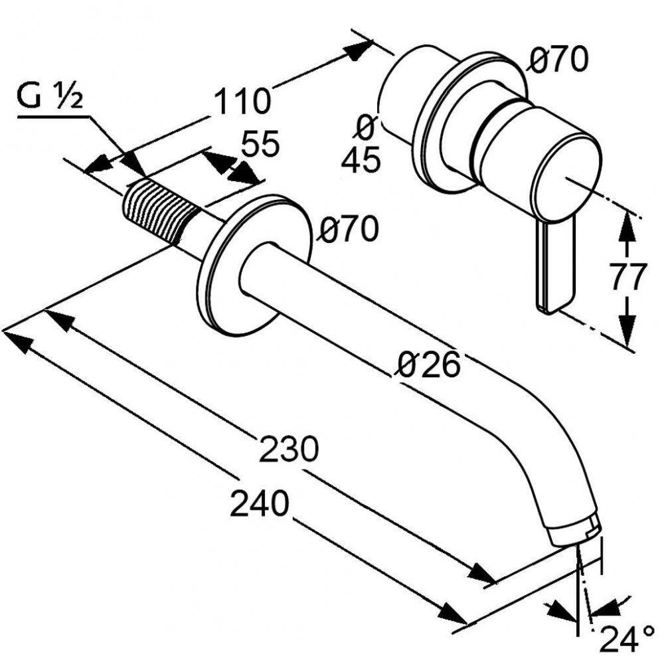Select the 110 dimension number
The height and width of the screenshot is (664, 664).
(x=242, y=101)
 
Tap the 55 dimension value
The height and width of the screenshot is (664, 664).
(x=260, y=145)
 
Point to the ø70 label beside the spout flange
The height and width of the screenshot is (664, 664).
(x=348, y=230)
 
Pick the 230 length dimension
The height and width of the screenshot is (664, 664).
(x=288, y=451)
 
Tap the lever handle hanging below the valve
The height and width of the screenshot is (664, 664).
(x=551, y=266)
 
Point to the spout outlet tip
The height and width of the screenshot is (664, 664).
(x=575, y=531)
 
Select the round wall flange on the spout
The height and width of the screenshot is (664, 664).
(x=254, y=264)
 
